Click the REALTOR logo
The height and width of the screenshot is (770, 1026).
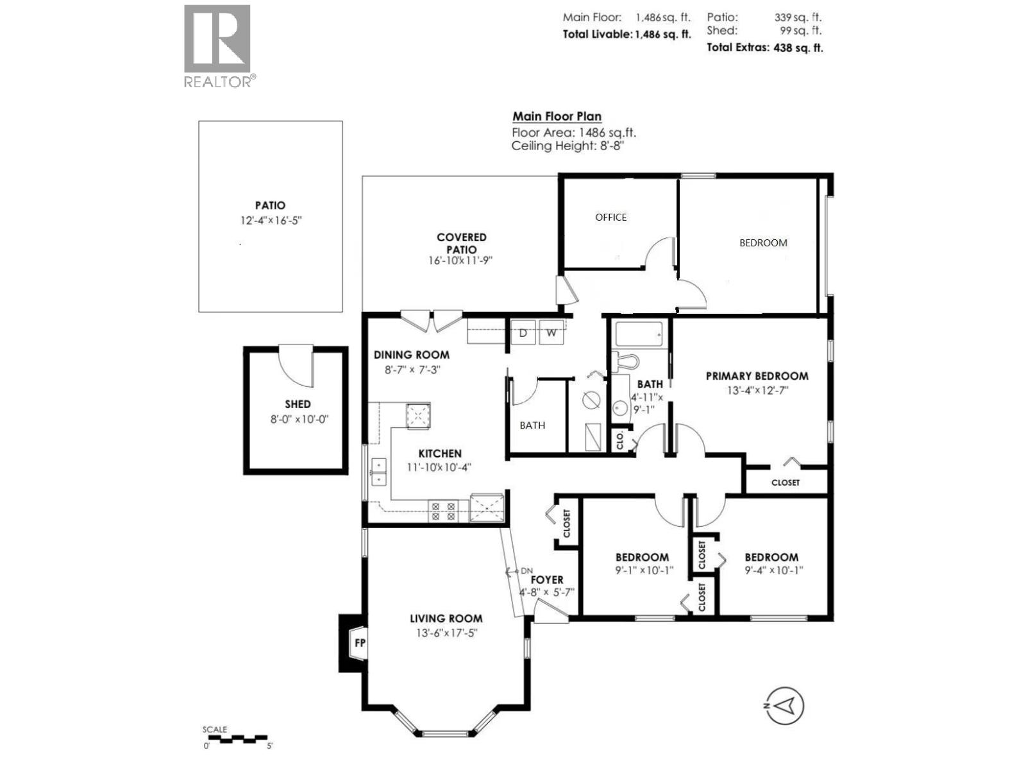[x=218, y=45]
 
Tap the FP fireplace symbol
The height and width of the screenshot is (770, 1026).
[x=360, y=642]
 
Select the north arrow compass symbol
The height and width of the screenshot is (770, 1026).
[x=784, y=706]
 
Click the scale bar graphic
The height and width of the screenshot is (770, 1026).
[x=237, y=739]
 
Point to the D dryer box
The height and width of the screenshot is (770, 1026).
[x=523, y=332]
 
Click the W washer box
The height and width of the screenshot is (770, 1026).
[x=551, y=332]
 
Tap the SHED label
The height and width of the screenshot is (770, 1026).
[x=298, y=404]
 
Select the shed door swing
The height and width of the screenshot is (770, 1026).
[x=296, y=366]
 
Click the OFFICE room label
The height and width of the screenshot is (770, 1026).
[x=610, y=217]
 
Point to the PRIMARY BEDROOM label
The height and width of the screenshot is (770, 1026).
[x=757, y=376]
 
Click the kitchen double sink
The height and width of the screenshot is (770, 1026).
[x=378, y=472]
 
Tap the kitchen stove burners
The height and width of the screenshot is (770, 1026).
[x=442, y=511]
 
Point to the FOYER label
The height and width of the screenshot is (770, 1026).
[x=547, y=579]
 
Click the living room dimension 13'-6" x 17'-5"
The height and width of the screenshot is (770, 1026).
[x=446, y=633]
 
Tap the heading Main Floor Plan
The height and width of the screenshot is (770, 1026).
[x=557, y=116]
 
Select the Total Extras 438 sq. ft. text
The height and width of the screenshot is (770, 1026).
[x=764, y=47]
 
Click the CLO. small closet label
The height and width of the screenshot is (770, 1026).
[x=620, y=441]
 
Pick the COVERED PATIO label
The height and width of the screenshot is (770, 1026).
[x=461, y=243]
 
